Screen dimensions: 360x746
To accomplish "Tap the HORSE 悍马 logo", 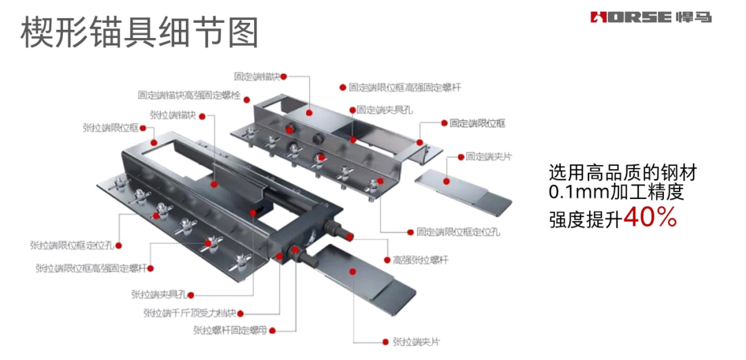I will pyautogui.click(x=650, y=17).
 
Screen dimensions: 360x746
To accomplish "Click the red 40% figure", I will pyautogui.click(x=649, y=218).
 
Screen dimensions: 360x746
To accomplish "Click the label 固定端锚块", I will pyautogui.click(x=258, y=77).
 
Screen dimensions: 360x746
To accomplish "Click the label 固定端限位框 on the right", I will pyautogui.click(x=477, y=123).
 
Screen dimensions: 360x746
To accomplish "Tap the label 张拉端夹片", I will pyautogui.click(x=416, y=341).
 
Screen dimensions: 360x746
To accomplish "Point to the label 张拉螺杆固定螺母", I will pyautogui.click(x=229, y=331).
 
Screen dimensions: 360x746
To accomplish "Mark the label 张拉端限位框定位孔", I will pyautogui.click(x=72, y=245).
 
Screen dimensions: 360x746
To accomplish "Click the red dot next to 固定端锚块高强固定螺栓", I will pyautogui.click(x=245, y=95).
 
